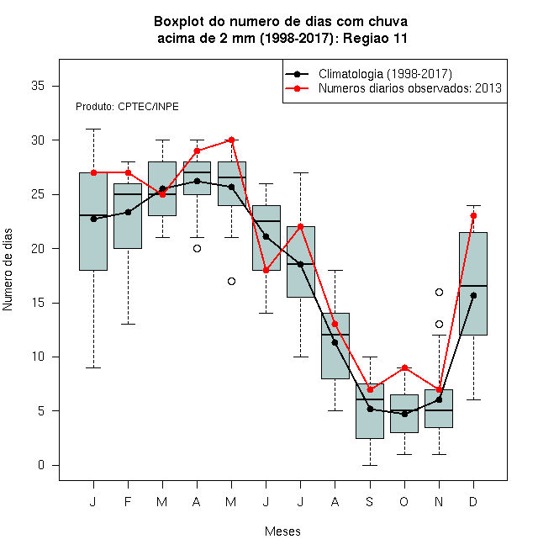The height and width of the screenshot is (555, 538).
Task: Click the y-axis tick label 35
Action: [38, 86]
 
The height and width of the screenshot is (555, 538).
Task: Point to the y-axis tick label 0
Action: [41, 465]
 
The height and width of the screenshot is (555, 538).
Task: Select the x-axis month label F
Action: [128, 501]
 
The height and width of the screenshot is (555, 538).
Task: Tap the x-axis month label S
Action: [370, 501]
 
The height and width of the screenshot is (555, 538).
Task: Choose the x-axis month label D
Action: [473, 501]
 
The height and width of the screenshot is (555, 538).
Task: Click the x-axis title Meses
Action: [282, 531]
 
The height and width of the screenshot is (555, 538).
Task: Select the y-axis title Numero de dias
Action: [8, 270]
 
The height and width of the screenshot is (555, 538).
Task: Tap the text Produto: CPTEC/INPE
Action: [127, 107]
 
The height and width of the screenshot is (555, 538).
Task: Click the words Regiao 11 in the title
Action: [375, 38]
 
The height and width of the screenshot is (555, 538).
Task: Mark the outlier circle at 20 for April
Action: [198, 248]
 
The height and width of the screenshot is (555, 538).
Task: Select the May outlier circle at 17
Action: [231, 282]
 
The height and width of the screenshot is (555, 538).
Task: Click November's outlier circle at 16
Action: [439, 292]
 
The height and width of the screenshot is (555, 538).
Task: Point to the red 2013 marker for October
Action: [404, 367]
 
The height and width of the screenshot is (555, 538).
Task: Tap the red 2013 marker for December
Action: [473, 215]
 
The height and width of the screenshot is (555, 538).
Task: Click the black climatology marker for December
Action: [473, 295]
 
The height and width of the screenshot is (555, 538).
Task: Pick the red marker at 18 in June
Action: [266, 271]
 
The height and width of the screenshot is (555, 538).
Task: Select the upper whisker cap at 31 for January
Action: [93, 129]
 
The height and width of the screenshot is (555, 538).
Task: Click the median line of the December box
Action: [473, 286]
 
